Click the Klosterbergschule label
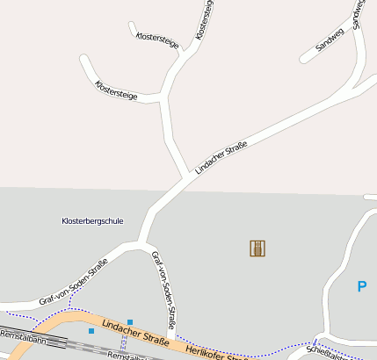pos(92,220)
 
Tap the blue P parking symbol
pos(361,286)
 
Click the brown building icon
pos(257,248)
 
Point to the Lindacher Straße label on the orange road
pos(134,333)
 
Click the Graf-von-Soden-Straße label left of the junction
pos(74,282)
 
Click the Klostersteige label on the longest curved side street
pos(116,90)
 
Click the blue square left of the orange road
pos(91,331)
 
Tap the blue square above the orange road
pos(130,322)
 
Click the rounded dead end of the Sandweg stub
pos(304,60)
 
